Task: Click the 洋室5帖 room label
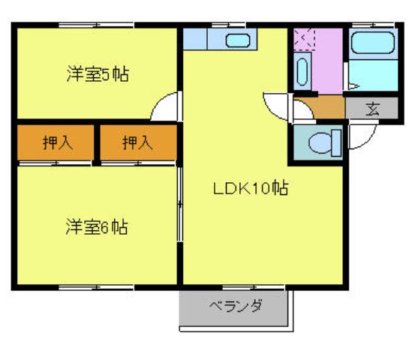(98, 75)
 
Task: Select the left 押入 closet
(57, 142)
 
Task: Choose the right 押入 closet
(137, 142)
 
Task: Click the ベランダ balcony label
(234, 306)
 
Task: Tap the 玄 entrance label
(372, 108)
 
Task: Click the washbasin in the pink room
(302, 72)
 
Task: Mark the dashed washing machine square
(305, 38)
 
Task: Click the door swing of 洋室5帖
(167, 106)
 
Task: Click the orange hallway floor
(319, 108)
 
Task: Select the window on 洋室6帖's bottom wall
(96, 286)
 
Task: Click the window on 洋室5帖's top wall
(96, 25)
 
